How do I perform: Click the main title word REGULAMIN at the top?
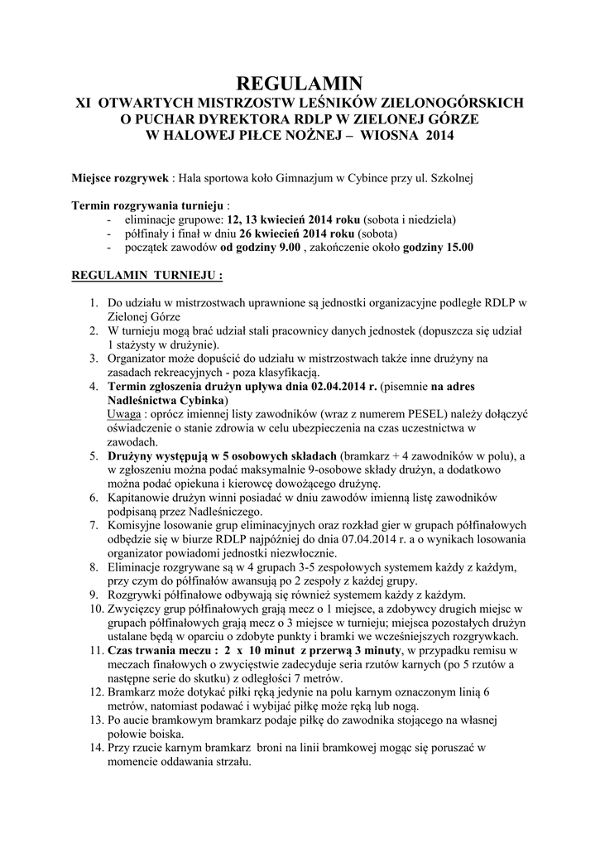[x=300, y=83]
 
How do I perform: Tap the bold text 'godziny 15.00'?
[x=439, y=247]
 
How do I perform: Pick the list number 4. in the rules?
[x=94, y=387]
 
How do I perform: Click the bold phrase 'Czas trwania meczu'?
[x=158, y=652]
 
